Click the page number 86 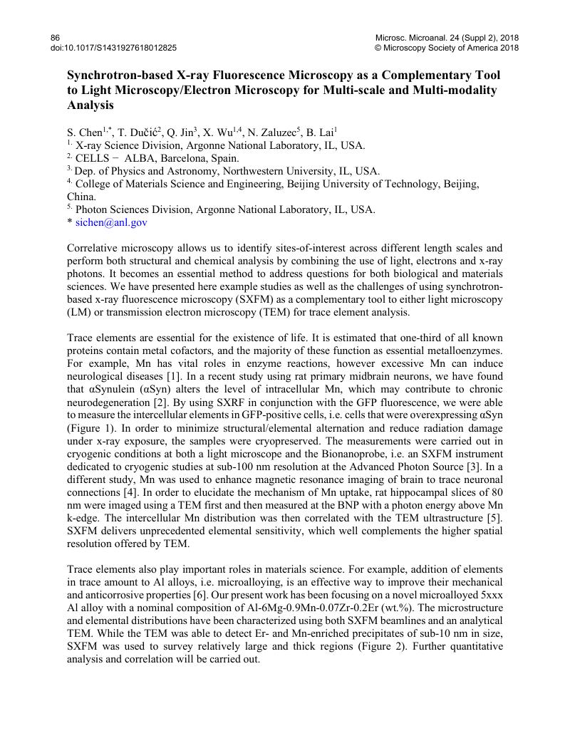(56, 37)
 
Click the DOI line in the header (113, 48)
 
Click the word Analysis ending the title (90, 105)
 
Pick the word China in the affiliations (81, 197)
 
